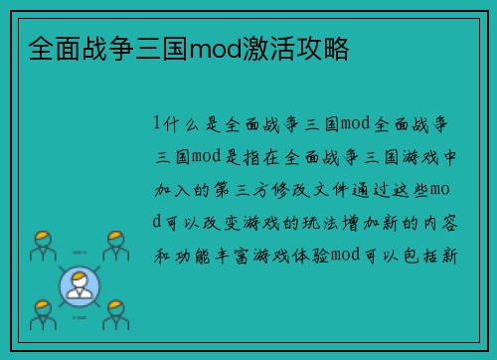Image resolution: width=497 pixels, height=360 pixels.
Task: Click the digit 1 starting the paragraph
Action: tap(156, 123)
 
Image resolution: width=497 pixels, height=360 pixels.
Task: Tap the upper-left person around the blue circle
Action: tap(41, 245)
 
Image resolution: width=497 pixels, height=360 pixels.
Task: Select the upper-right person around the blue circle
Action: tap(115, 245)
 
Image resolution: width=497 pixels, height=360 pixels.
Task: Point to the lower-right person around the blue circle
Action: tap(115, 315)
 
